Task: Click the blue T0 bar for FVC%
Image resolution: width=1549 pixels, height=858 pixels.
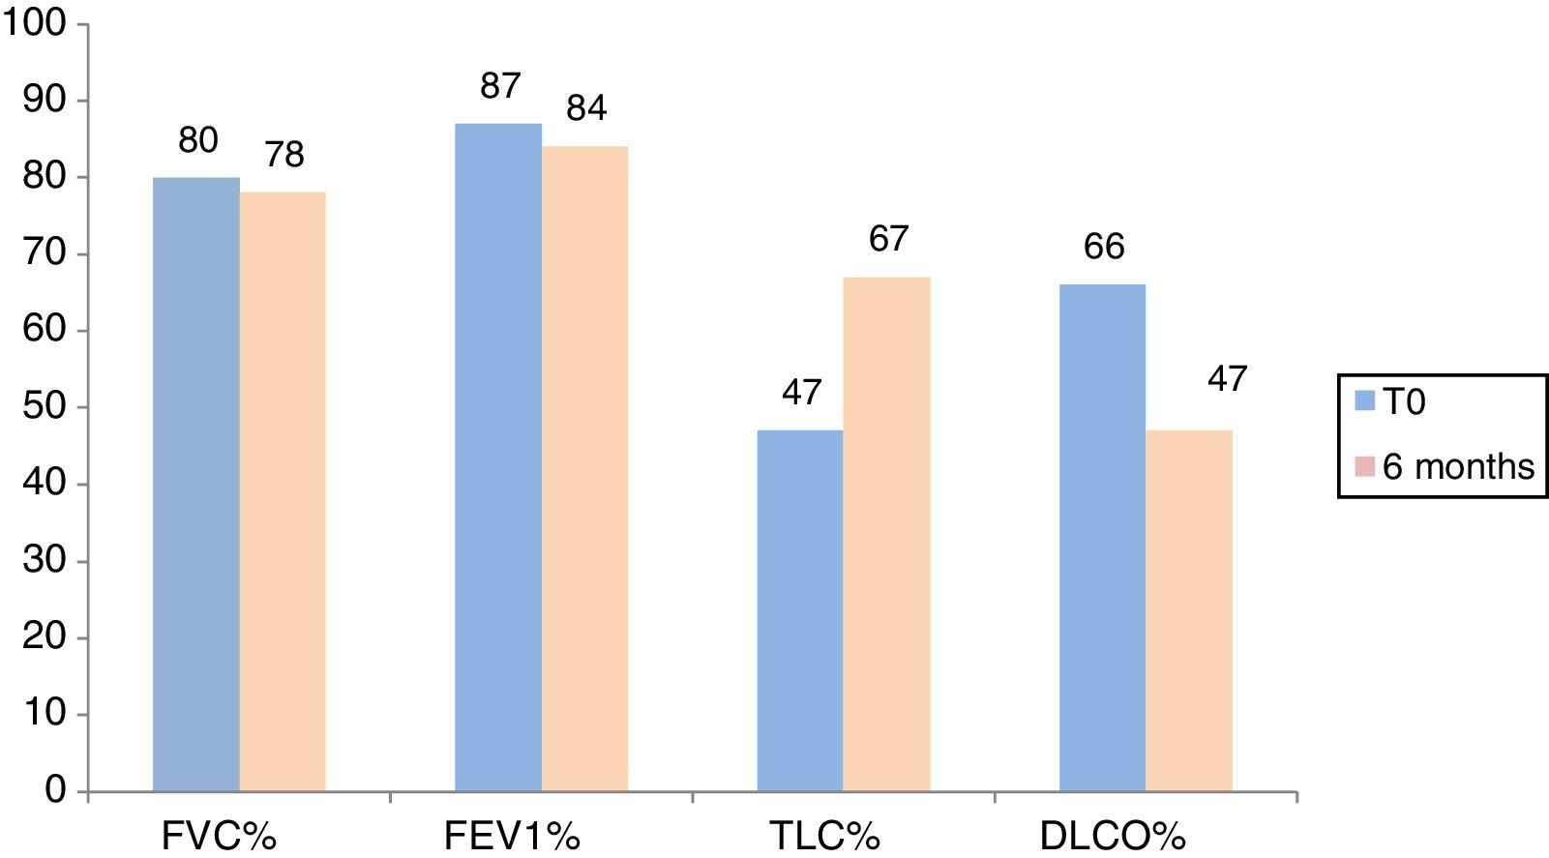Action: point(196,484)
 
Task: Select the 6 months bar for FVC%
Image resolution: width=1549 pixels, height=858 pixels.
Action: point(283,491)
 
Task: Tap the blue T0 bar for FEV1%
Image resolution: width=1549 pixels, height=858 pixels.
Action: point(498,457)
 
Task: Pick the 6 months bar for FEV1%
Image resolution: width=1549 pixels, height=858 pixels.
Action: point(584,468)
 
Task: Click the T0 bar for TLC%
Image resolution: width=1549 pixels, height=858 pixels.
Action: point(800,610)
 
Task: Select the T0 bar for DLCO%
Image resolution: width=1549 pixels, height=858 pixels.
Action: point(1102,538)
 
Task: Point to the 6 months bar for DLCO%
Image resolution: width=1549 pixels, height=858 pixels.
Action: point(1189,610)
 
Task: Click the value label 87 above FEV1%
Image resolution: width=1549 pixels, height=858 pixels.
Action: point(500,87)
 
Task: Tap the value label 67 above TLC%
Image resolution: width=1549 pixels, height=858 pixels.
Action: point(888,238)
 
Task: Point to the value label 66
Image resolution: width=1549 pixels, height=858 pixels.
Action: point(1104,247)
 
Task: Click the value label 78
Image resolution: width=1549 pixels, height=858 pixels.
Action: point(284,154)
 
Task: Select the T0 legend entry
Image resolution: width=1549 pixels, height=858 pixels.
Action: point(1390,401)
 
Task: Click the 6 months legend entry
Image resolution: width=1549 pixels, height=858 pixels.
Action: point(1445,467)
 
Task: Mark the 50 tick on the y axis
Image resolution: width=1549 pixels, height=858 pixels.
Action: point(45,407)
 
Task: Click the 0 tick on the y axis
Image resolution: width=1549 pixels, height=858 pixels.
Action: point(55,791)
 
